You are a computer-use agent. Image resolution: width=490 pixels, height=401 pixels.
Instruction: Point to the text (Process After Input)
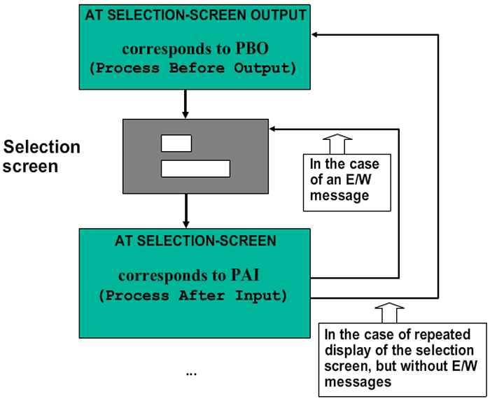coord(193,295)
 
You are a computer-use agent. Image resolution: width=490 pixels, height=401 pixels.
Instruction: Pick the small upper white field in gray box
coord(176,143)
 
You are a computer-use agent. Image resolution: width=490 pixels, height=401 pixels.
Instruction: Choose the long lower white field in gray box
coord(195,168)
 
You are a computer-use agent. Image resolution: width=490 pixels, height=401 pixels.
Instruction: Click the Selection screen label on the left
coord(41,157)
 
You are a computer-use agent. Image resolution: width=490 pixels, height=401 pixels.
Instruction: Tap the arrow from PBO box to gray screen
coord(185,104)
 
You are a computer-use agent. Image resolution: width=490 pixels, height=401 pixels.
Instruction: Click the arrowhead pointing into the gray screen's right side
coord(274,129)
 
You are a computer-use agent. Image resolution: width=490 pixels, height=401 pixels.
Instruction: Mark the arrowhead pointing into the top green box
coord(315,34)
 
